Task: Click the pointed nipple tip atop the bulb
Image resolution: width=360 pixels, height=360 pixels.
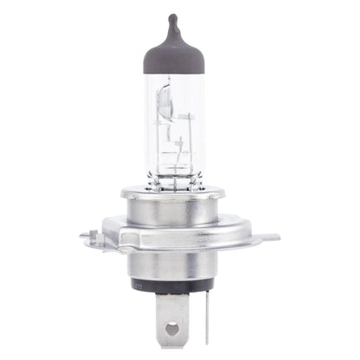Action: [172, 18]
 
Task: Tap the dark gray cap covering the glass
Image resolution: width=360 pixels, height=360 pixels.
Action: [172, 52]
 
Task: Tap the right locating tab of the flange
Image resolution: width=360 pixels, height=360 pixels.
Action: [270, 236]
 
